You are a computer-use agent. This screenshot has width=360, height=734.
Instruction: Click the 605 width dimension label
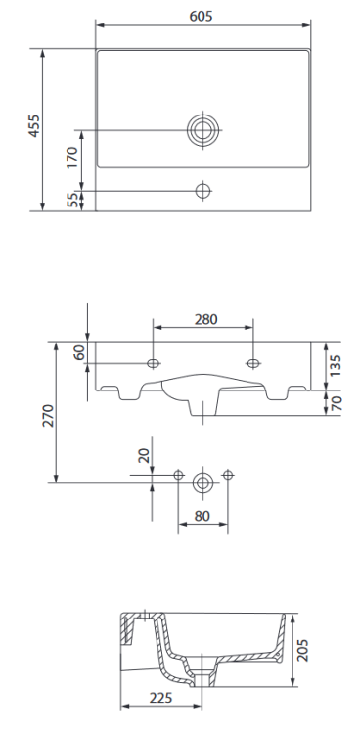click(203, 17)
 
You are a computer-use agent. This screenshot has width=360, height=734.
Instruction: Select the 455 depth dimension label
click(33, 128)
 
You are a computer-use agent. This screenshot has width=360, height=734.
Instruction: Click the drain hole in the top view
click(203, 129)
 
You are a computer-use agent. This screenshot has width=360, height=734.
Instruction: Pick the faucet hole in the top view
click(203, 189)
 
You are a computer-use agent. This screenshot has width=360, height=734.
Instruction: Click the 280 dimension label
click(205, 319)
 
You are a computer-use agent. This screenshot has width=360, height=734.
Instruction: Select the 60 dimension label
click(78, 352)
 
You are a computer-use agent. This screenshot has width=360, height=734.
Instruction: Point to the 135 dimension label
click(336, 365)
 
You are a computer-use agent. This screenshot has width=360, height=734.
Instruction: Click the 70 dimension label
click(336, 401)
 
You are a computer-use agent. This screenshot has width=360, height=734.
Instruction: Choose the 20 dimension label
click(142, 456)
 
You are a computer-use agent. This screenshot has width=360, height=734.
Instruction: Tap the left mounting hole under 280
click(153, 364)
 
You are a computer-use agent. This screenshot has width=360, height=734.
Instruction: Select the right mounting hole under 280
click(253, 364)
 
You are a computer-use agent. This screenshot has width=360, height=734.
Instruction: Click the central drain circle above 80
click(202, 481)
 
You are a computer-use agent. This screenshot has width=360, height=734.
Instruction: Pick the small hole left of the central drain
click(178, 475)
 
